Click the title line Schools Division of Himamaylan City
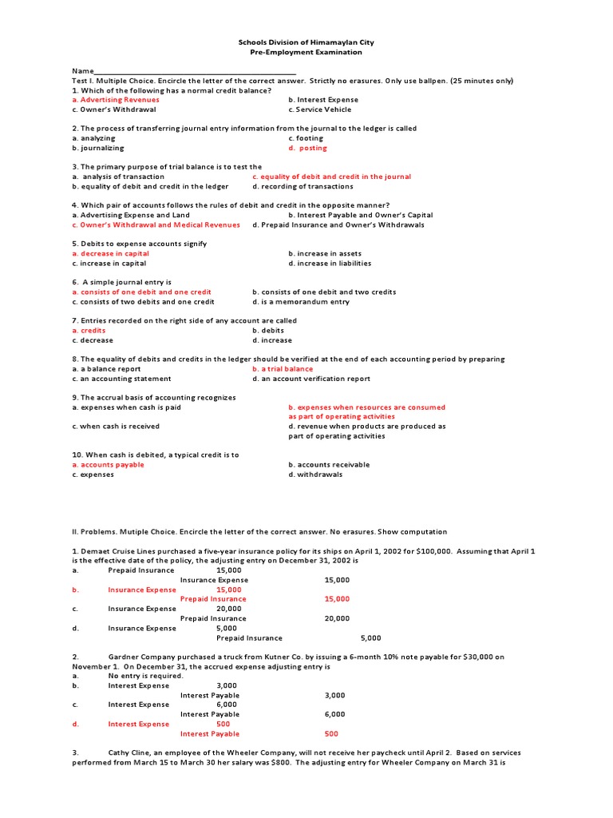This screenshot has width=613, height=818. (x=306, y=42)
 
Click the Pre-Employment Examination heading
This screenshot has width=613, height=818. (x=306, y=52)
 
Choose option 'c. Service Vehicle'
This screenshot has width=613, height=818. (x=319, y=109)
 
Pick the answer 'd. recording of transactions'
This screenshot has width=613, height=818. (x=303, y=186)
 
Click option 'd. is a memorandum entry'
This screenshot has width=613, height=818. (x=301, y=302)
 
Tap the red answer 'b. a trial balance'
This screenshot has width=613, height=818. (x=283, y=369)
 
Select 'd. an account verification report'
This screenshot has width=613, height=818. (x=311, y=379)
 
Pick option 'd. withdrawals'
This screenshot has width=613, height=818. (x=315, y=475)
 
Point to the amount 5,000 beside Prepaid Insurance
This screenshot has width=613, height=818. (x=370, y=637)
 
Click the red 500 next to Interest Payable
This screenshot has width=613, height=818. (x=331, y=733)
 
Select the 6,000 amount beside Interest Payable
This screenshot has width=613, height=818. (x=334, y=714)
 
